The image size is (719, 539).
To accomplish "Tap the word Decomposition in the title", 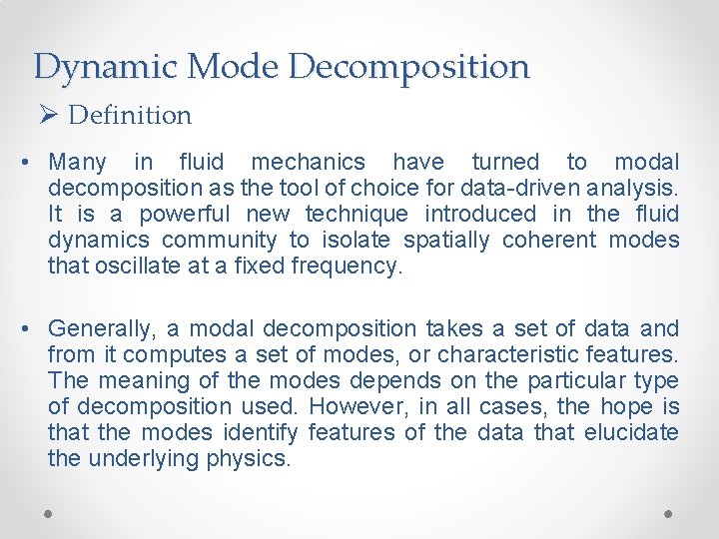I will click(409, 68).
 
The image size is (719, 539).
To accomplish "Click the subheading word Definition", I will click(130, 116).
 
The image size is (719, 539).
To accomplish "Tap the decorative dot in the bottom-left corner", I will click(49, 513).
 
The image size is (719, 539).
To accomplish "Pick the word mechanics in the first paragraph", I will click(309, 162).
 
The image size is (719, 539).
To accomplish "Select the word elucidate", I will click(628, 432).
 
